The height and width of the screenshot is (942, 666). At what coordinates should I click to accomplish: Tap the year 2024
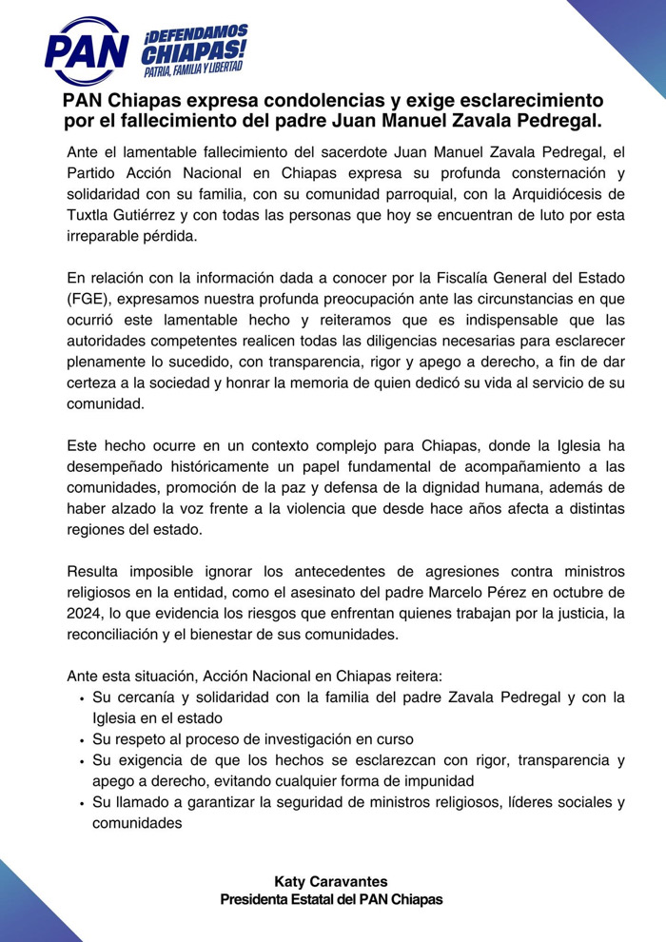pyautogui.click(x=86, y=613)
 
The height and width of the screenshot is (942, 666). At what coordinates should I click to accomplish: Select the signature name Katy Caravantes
pyautogui.click(x=332, y=881)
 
